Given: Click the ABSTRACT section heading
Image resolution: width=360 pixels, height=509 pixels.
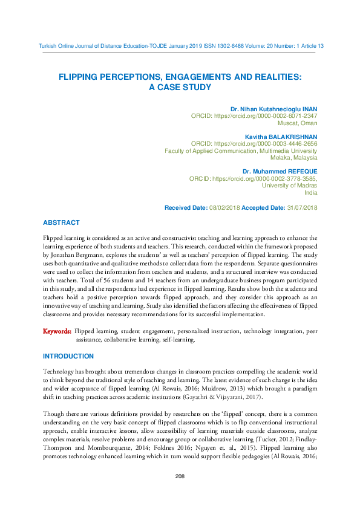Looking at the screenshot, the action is (x=61, y=223).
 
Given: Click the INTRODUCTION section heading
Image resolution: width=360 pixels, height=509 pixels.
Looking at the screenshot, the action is (x=68, y=356).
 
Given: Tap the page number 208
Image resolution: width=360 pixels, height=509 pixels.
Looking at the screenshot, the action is (x=179, y=477).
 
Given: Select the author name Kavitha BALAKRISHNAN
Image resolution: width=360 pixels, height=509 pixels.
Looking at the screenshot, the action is (x=281, y=137).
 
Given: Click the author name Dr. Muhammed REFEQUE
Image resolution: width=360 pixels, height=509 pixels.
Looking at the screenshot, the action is (x=280, y=172).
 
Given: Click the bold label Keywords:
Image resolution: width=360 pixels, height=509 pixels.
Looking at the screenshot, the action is (x=57, y=332).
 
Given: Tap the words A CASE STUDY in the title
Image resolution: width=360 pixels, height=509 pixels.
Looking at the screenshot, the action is (x=180, y=87).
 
